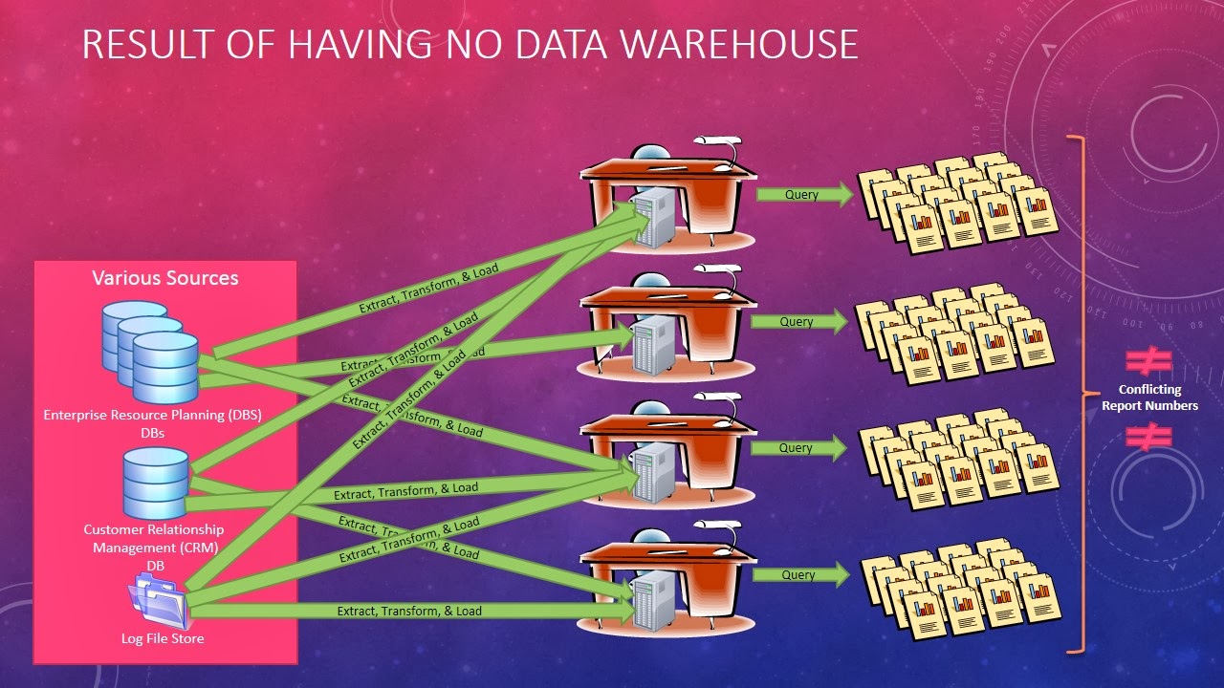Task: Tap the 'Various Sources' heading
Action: point(165,278)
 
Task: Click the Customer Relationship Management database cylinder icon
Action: point(156,484)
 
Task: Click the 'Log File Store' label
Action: point(163,638)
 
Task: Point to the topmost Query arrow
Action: point(803,195)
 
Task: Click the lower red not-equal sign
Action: point(1148,437)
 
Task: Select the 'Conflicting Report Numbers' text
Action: point(1149,398)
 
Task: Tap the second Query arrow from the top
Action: point(798,322)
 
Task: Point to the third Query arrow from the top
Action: point(798,448)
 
